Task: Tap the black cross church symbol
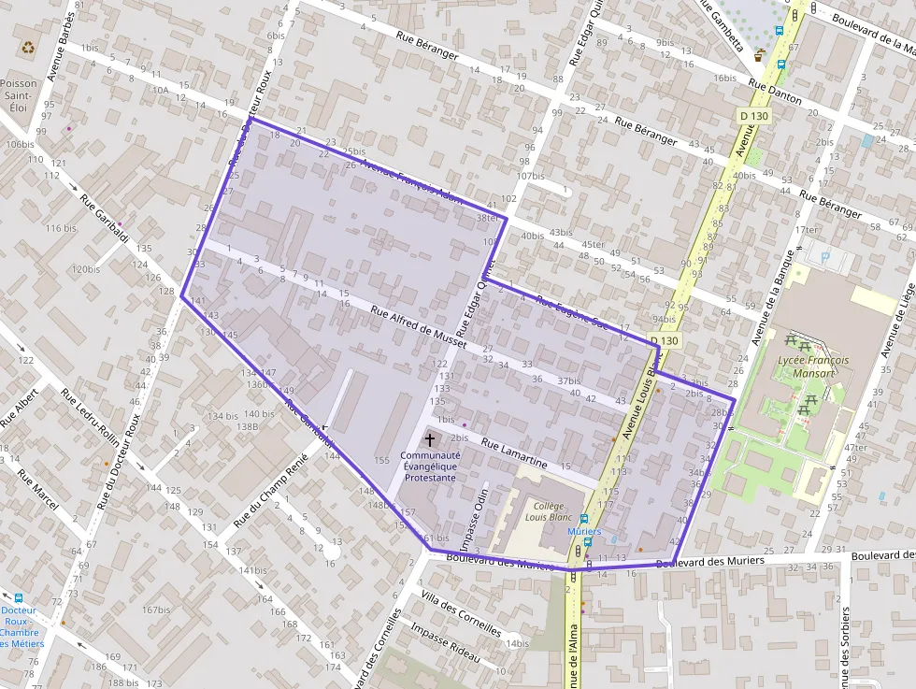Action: (x=430, y=438)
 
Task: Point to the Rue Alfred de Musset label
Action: (x=418, y=327)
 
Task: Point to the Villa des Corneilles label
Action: (x=461, y=614)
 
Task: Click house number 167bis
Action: (x=156, y=610)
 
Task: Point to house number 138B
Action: (x=247, y=425)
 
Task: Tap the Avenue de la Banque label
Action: (x=777, y=295)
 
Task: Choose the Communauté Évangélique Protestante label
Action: (x=429, y=466)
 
